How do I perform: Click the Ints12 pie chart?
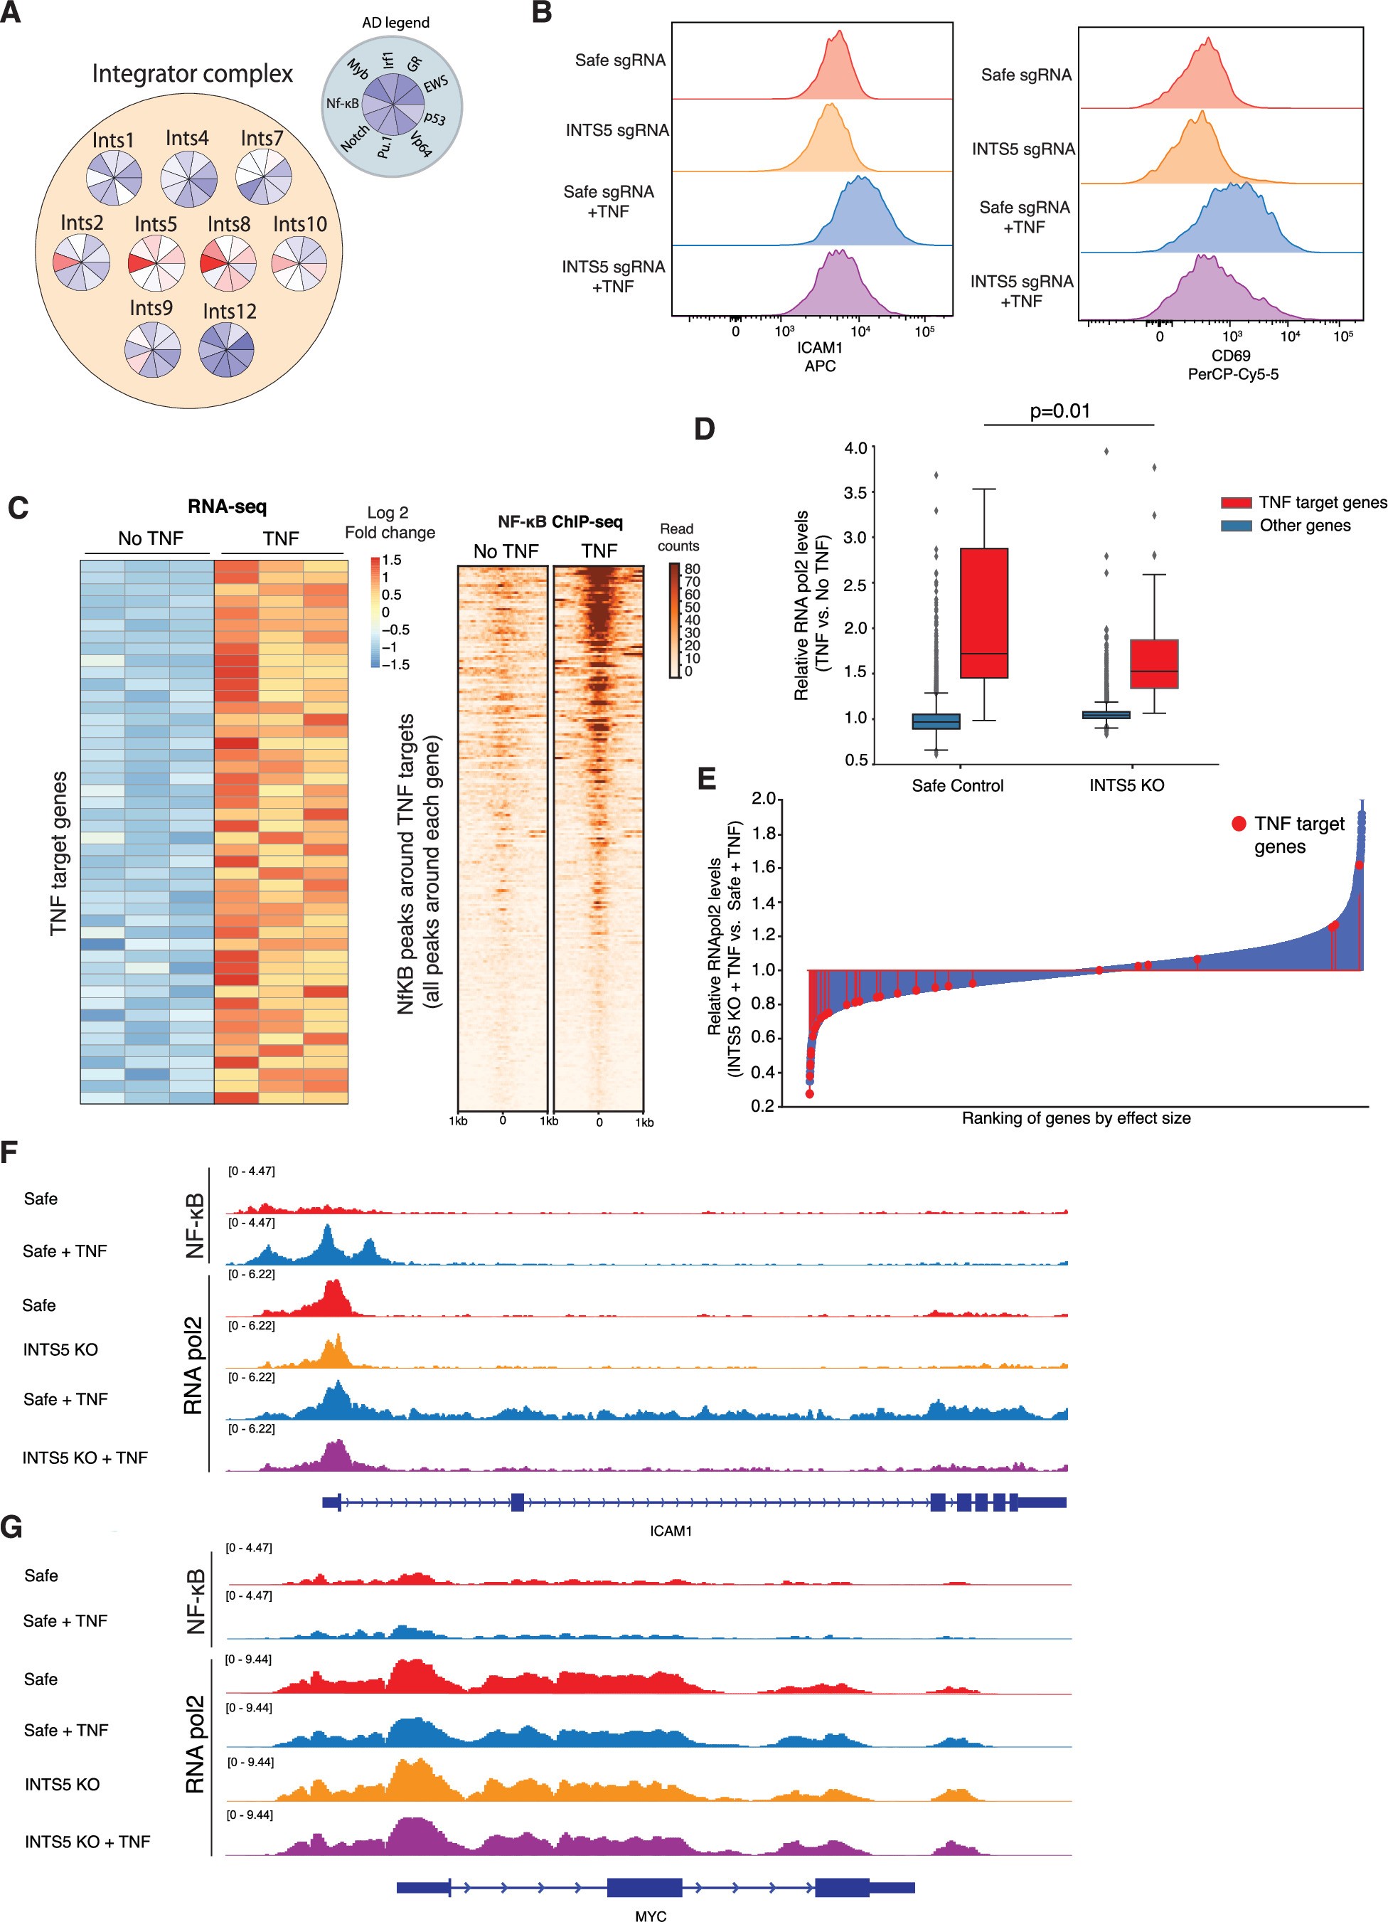point(226,349)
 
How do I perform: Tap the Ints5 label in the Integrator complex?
point(156,224)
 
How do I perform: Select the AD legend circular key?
point(392,105)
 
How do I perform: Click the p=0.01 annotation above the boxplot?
point(1059,411)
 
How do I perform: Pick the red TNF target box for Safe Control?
point(984,612)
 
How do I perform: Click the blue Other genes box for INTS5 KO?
point(1106,714)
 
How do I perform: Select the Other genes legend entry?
point(1304,526)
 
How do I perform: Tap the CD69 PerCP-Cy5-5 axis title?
point(1232,364)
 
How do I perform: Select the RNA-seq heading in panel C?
point(227,506)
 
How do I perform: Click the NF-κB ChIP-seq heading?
point(560,521)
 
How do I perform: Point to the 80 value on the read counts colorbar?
point(693,568)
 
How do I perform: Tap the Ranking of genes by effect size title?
point(1075,1117)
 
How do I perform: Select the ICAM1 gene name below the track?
point(671,1531)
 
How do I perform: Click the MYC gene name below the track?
point(650,1915)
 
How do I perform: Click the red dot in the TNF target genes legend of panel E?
point(1238,823)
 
